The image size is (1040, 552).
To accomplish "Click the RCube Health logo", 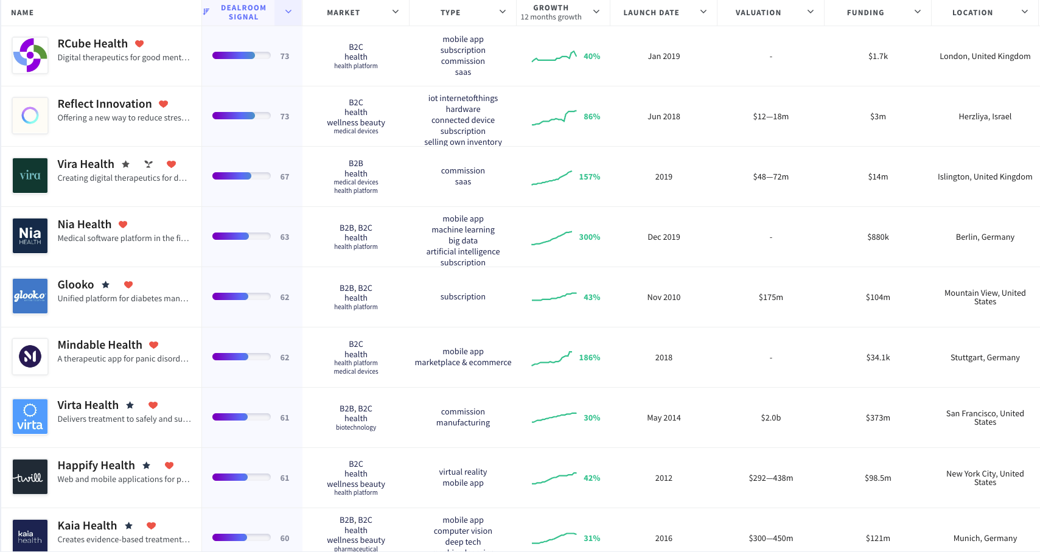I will [30, 55].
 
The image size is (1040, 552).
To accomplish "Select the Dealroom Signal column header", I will [243, 12].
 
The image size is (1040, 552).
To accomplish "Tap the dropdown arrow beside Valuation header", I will [810, 12].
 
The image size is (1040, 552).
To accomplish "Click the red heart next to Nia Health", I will [123, 225].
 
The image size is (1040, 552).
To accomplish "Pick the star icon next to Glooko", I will [105, 285].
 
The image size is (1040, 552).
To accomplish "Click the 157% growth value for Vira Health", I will [589, 176].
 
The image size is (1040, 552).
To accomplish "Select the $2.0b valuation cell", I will [770, 417].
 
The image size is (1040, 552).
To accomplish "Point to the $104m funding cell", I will [878, 297].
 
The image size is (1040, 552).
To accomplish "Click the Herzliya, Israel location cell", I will [985, 116].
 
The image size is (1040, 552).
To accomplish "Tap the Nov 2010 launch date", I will [663, 297].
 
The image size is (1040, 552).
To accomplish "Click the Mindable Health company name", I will [100, 345].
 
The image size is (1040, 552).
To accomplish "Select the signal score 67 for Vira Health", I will [284, 176].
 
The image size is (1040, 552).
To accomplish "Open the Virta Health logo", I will [30, 417].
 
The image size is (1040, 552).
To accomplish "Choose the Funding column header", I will [865, 12].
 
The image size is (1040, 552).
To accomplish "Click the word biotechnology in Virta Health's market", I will [356, 427].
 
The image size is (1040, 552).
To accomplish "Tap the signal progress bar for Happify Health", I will [241, 477].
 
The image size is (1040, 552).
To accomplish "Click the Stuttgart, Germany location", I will [985, 357].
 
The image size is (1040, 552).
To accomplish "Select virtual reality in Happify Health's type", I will [462, 472].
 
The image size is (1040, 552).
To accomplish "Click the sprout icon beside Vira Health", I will [148, 164].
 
